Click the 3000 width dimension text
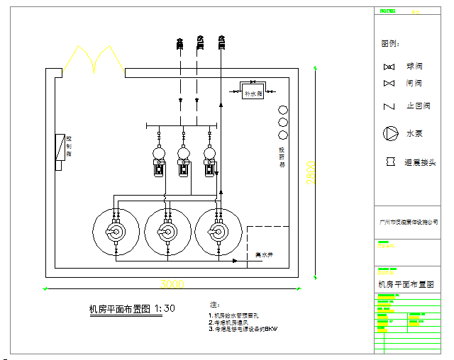pyautogui.click(x=172, y=284)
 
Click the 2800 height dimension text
pyautogui.click(x=309, y=173)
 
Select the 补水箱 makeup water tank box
pyautogui.click(x=253, y=93)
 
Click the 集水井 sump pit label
pyautogui.click(x=264, y=254)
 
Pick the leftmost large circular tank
pyautogui.click(x=115, y=232)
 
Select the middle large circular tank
pyautogui.click(x=167, y=232)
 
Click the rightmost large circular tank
pyautogui.click(x=218, y=232)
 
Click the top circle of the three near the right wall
pyautogui.click(x=283, y=111)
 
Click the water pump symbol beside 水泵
pyautogui.click(x=390, y=133)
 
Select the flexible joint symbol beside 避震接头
pyautogui.click(x=389, y=162)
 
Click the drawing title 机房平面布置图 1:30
pyautogui.click(x=131, y=308)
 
